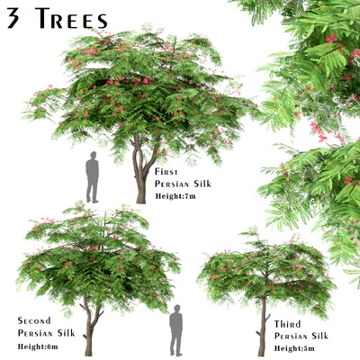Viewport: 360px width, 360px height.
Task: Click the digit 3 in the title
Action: pyautogui.click(x=13, y=18)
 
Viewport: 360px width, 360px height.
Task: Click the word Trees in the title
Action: pyautogui.click(x=71, y=18)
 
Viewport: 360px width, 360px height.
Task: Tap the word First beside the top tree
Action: pyautogui.click(x=166, y=172)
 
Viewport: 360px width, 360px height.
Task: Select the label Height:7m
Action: pyautogui.click(x=175, y=196)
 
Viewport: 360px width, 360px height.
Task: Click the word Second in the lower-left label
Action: pyautogui.click(x=34, y=320)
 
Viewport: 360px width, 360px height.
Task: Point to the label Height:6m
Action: pyautogui.click(x=38, y=346)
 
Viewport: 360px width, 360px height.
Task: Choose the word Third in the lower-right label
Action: pyautogui.click(x=287, y=324)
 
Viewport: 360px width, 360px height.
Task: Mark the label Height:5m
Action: pyautogui.click(x=294, y=348)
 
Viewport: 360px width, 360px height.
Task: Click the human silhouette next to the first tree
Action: pyautogui.click(x=93, y=177)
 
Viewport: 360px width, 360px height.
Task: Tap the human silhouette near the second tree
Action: pyautogui.click(x=176, y=330)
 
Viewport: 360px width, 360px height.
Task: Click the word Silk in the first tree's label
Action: pyautogui.click(x=202, y=184)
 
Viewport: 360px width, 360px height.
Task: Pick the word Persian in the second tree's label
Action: pyautogui.click(x=36, y=333)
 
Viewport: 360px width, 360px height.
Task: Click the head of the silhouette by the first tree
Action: pyautogui.click(x=94, y=155)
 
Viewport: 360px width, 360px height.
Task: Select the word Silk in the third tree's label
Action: pyautogui.click(x=319, y=336)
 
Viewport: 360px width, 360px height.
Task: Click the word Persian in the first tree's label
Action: pyautogui.click(x=172, y=184)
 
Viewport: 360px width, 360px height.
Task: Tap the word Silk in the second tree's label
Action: pyautogui.click(x=67, y=333)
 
